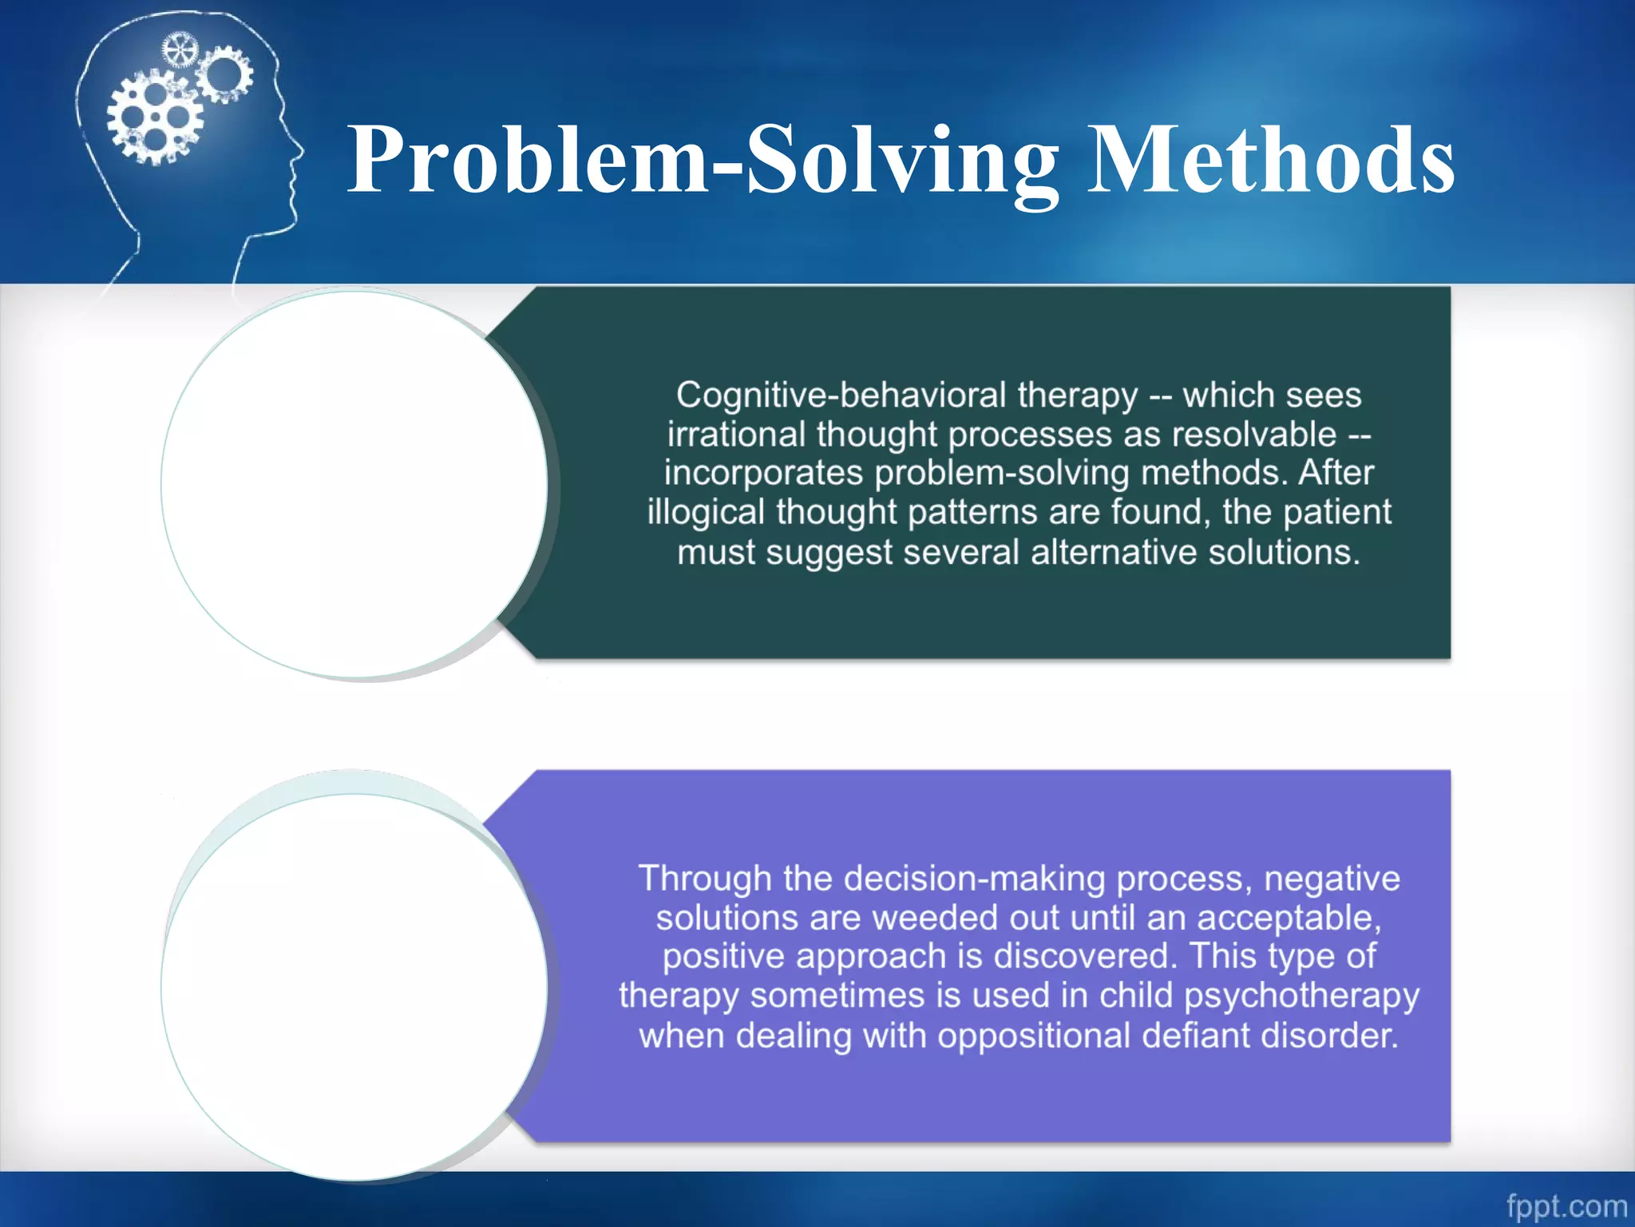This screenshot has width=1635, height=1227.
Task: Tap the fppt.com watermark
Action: click(1566, 1205)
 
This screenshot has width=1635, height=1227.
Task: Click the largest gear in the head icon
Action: click(155, 118)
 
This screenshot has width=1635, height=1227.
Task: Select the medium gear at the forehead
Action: click(225, 74)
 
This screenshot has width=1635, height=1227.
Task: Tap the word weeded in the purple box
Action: click(935, 918)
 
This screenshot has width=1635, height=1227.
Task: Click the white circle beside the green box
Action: click(354, 484)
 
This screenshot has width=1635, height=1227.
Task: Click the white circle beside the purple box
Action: click(354, 987)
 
